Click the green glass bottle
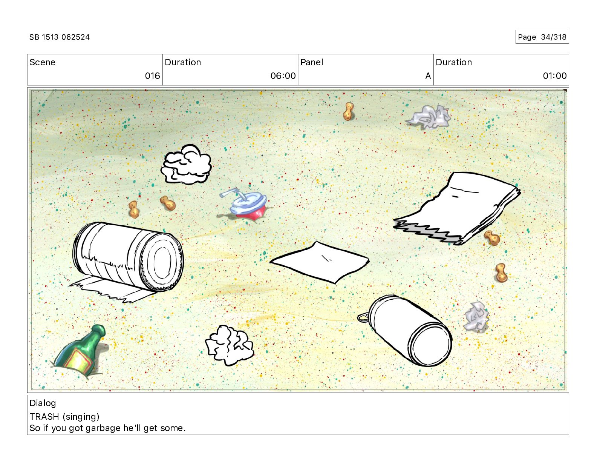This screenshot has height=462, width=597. coord(80,351)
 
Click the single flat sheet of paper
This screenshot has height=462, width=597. coord(320,262)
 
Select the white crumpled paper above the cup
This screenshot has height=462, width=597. coord(187,164)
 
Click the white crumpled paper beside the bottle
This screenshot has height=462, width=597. coord(230,345)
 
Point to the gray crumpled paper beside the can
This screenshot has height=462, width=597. coord(476,317)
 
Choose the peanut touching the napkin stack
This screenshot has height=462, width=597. coord(492,238)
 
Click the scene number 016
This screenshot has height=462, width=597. coord(153,75)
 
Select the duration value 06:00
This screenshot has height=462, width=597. coord(283,75)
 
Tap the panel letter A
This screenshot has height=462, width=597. coord(428,75)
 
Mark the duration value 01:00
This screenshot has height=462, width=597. coord(555,75)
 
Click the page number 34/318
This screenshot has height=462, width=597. coord(554,37)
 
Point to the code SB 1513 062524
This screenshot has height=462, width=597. coord(60,37)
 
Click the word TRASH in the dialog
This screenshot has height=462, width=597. coord(44,417)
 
